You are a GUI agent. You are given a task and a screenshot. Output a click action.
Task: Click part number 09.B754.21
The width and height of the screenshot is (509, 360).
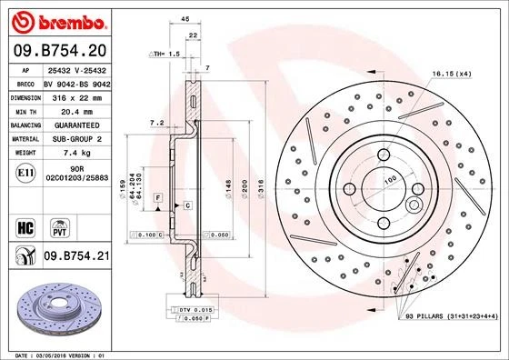(x=75, y=257)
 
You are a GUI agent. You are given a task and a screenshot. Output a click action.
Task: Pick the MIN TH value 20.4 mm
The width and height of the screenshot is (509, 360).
(x=75, y=109)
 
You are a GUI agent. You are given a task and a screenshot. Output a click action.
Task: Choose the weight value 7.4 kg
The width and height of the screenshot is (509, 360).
(x=75, y=153)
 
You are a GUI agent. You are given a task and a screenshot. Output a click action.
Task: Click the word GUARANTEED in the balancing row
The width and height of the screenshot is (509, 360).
(x=75, y=124)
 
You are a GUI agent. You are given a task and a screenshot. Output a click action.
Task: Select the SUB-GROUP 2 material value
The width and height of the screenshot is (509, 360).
(x=75, y=138)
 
